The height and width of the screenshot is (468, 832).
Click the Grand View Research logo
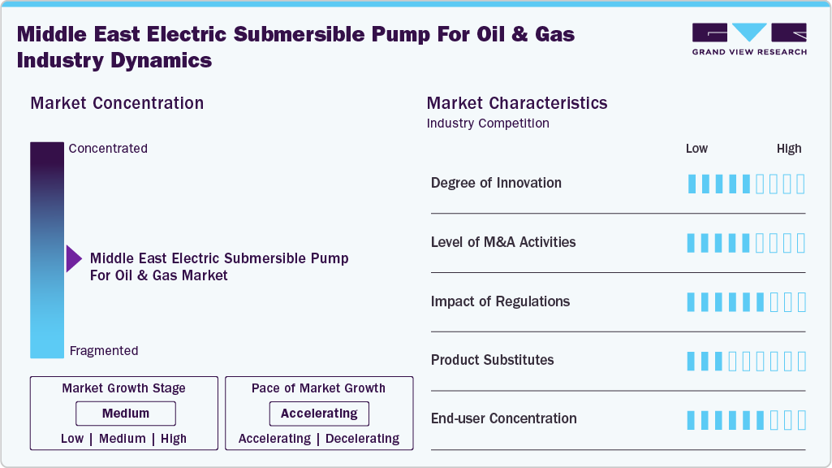(x=749, y=38)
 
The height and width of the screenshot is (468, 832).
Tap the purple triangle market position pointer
(x=74, y=259)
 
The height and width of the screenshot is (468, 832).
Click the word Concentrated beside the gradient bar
(x=108, y=149)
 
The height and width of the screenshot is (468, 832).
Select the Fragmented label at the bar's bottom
(x=104, y=351)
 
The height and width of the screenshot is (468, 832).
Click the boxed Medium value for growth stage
(x=126, y=414)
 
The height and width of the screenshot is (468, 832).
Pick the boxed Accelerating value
(x=319, y=414)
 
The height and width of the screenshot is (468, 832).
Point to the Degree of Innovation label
(x=496, y=183)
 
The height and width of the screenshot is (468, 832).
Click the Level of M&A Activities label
(x=503, y=242)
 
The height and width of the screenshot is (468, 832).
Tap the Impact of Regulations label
(x=500, y=301)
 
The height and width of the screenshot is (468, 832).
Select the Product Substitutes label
(x=492, y=360)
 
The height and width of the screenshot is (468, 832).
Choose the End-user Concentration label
(x=503, y=418)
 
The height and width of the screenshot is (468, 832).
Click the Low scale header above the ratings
(x=696, y=149)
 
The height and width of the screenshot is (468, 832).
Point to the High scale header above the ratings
(x=789, y=149)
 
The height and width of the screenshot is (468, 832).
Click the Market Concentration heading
(x=117, y=103)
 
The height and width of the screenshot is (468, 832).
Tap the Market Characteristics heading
(x=517, y=103)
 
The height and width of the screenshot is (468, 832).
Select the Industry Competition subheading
(x=488, y=123)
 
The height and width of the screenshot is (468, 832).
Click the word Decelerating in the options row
(x=362, y=439)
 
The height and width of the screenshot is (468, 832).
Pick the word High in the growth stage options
(x=174, y=439)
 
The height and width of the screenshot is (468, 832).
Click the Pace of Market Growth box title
(x=318, y=388)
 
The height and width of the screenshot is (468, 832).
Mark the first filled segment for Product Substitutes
(x=692, y=361)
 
